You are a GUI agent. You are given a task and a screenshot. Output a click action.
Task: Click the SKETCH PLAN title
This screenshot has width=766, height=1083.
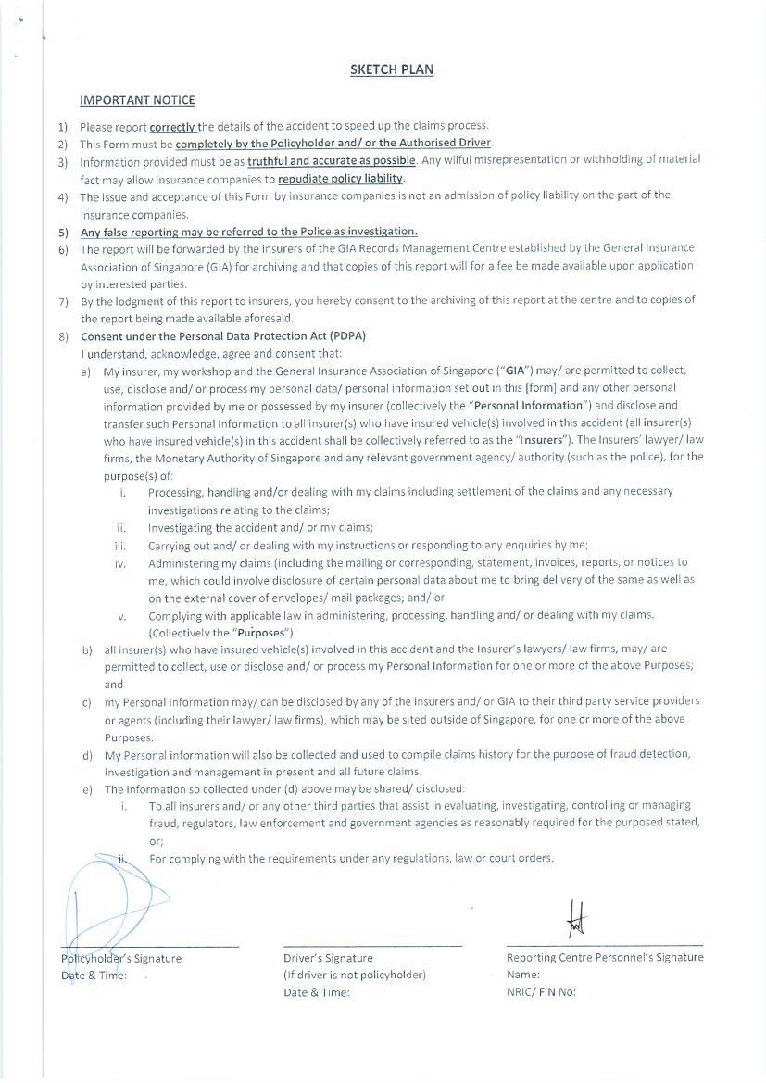[391, 69]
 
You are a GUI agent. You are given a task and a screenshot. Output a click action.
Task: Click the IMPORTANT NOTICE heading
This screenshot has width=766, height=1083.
[137, 100]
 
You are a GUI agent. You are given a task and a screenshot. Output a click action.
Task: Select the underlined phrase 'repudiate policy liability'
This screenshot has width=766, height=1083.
[340, 179]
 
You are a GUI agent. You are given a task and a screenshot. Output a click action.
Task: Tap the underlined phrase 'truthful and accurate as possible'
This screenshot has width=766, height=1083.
[332, 160]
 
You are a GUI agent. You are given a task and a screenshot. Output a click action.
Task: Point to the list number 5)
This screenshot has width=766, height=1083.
[63, 232]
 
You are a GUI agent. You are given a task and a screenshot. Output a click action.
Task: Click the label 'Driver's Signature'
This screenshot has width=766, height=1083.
[328, 958]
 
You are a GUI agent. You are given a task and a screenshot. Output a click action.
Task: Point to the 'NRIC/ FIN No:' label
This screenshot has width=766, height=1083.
[541, 991]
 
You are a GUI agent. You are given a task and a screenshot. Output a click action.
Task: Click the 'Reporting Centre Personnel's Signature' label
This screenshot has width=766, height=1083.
[604, 957]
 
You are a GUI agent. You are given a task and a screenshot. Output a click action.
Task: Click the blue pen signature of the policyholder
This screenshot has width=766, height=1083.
[107, 903]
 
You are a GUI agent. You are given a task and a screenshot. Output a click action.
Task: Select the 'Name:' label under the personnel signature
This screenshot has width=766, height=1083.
[522, 975]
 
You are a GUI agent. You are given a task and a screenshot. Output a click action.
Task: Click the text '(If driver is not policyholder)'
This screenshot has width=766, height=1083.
[355, 975]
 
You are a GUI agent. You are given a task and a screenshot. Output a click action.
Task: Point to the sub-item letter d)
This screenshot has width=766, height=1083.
[87, 754]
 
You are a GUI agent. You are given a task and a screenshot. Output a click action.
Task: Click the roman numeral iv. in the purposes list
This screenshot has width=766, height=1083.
[120, 563]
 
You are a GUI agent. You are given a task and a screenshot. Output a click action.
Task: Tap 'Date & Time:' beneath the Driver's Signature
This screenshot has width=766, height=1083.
[317, 992]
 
